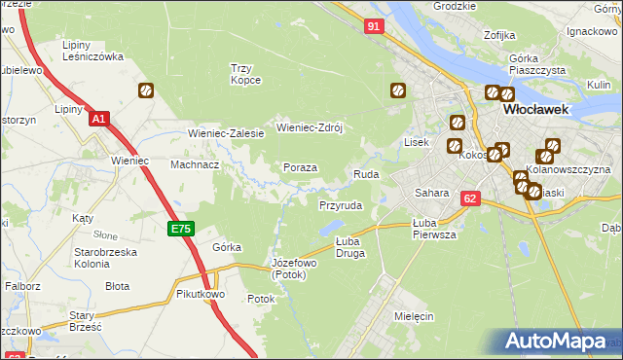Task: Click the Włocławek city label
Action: click(x=540, y=111)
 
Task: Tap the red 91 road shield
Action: click(x=375, y=27)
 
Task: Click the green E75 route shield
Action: click(x=181, y=230)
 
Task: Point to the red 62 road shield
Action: click(x=471, y=198)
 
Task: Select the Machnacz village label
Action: click(x=195, y=164)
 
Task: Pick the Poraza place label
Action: click(x=300, y=167)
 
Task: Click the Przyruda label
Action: click(x=341, y=206)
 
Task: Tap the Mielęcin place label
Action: click(x=414, y=317)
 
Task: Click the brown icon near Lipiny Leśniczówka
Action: click(x=146, y=91)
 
